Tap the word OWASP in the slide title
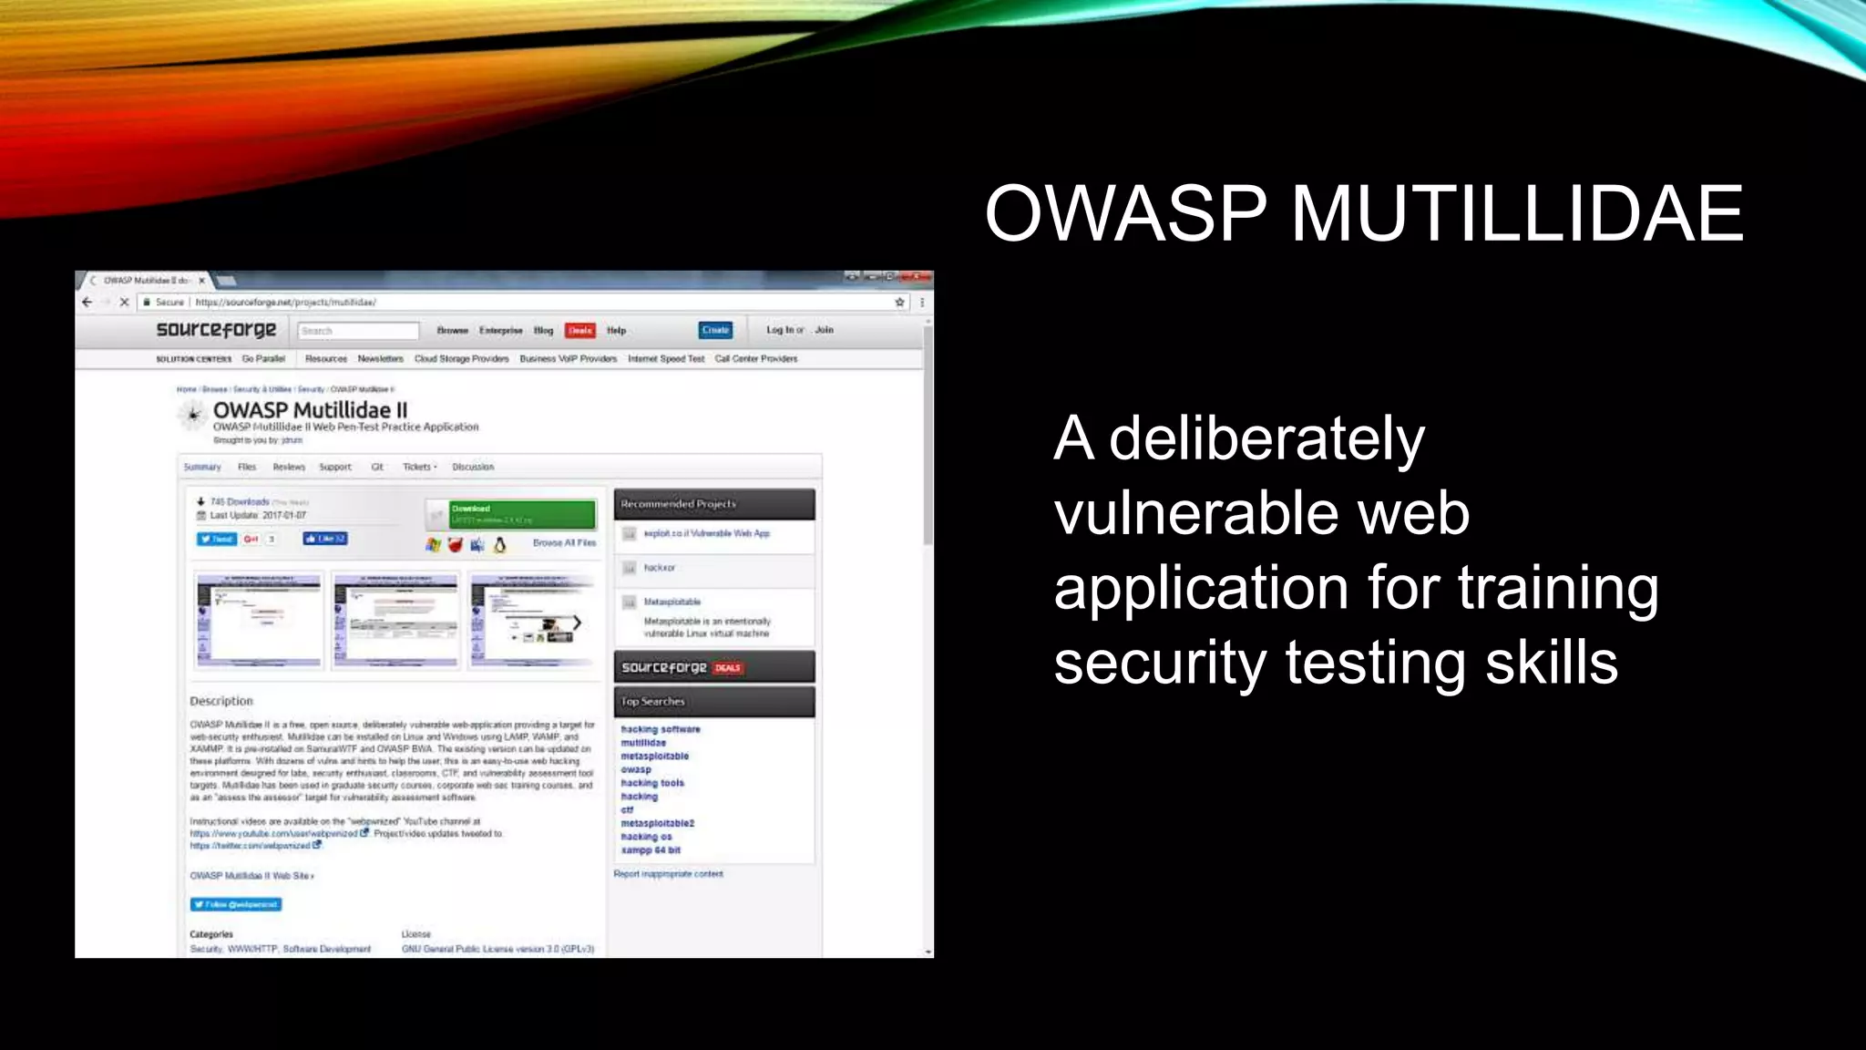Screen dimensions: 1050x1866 (x=1125, y=214)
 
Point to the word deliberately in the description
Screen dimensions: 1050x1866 (x=1266, y=439)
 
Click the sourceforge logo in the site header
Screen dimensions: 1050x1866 (x=216, y=330)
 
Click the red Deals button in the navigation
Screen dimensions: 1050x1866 (x=580, y=330)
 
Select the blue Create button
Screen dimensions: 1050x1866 (x=715, y=330)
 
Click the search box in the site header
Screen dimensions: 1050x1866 (x=357, y=331)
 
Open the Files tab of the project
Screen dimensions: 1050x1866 (x=247, y=467)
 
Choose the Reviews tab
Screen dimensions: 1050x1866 (x=289, y=467)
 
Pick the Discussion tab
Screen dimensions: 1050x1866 (x=473, y=467)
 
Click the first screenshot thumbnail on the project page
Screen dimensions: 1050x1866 (x=259, y=621)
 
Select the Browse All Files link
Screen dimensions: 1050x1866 (x=564, y=543)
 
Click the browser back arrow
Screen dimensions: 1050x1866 (x=87, y=302)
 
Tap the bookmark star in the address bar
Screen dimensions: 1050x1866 (x=899, y=302)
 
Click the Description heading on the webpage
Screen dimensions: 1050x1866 (x=221, y=701)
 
